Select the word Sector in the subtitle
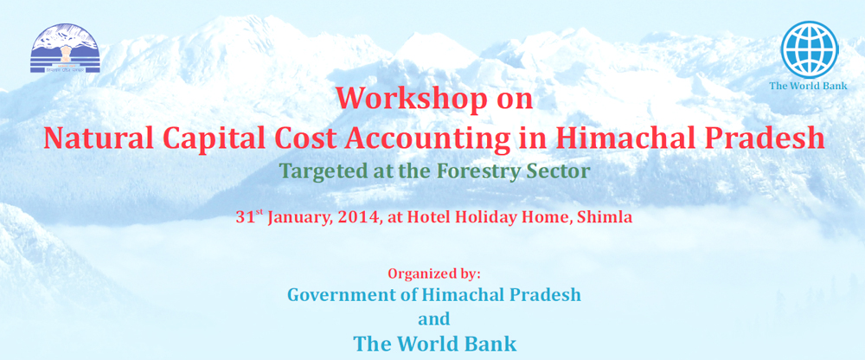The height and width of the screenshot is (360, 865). point(563,171)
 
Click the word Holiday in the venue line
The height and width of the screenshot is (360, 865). point(483,217)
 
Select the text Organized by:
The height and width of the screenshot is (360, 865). point(434,273)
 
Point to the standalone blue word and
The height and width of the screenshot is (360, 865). point(434,318)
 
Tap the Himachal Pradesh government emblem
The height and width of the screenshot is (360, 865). point(65,49)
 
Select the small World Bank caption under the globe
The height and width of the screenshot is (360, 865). point(809,86)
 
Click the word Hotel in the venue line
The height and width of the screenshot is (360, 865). point(428,217)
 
